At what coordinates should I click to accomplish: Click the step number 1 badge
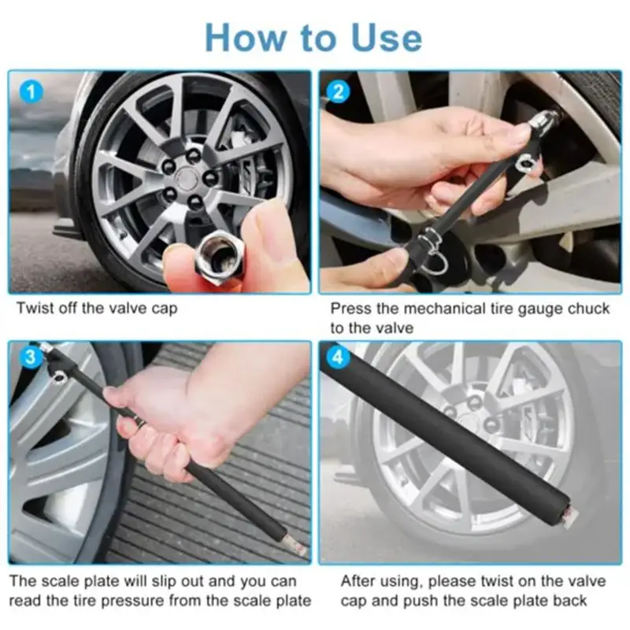click(x=31, y=92)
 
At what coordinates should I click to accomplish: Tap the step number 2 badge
click(x=339, y=92)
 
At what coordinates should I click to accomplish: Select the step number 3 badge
click(x=31, y=357)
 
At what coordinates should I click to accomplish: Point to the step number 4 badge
click(x=339, y=357)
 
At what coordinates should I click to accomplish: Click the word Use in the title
click(x=386, y=38)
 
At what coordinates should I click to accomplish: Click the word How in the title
click(x=245, y=38)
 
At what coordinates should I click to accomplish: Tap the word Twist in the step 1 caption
click(x=35, y=309)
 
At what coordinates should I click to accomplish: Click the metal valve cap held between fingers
click(x=214, y=258)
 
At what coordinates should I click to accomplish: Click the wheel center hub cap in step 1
click(x=185, y=178)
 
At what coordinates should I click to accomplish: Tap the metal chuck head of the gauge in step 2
click(x=543, y=119)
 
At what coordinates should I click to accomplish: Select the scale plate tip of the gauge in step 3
click(x=297, y=545)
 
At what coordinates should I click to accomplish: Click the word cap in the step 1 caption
click(x=165, y=309)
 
